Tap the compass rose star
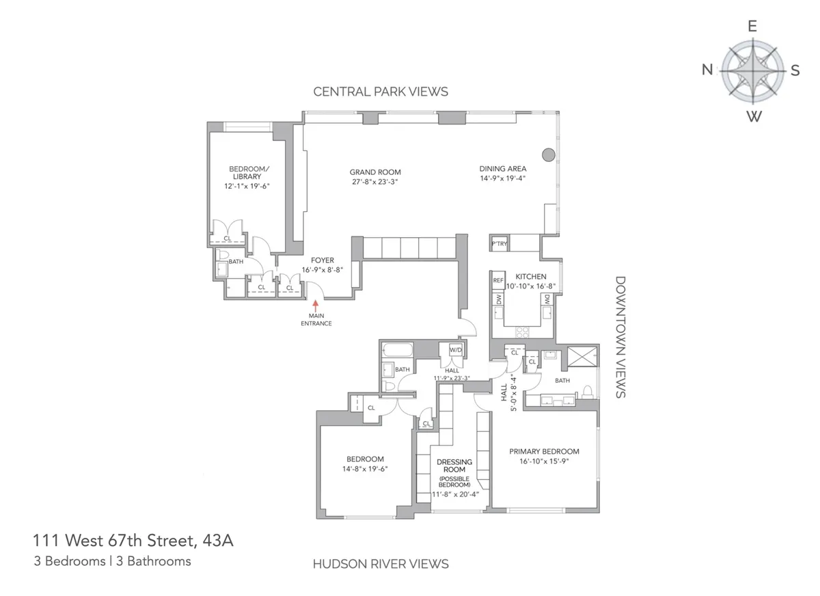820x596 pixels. tap(752, 70)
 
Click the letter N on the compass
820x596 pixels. tap(708, 70)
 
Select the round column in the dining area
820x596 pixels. tap(548, 154)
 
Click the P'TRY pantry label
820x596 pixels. tap(498, 244)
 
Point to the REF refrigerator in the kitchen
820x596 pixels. tap(498, 280)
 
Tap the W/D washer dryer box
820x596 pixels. tap(456, 349)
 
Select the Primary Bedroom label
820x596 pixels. tap(544, 451)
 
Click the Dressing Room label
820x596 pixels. tap(454, 465)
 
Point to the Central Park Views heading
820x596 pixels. tap(380, 91)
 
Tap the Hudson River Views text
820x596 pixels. tap(380, 564)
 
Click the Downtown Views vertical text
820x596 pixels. tap(621, 337)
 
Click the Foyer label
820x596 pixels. tap(322, 260)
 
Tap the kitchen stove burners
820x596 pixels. tap(523, 333)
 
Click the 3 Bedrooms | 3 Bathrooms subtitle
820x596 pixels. tap(112, 562)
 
